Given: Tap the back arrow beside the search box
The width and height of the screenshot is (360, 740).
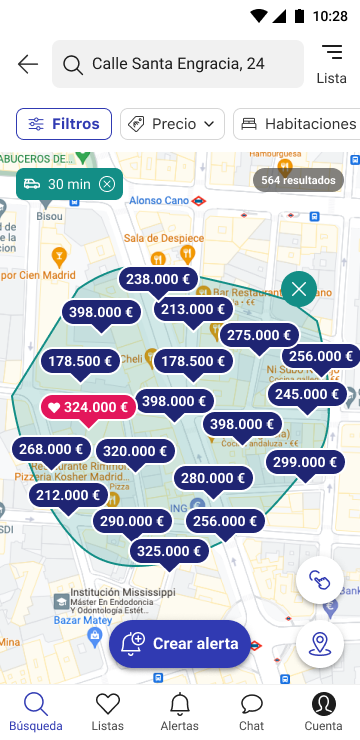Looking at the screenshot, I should pyautogui.click(x=28, y=64).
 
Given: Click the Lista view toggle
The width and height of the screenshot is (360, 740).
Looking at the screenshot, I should pyautogui.click(x=331, y=64).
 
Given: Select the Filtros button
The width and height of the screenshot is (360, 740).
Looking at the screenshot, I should pyautogui.click(x=64, y=124).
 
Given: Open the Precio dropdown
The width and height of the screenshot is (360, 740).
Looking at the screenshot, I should pyautogui.click(x=172, y=124).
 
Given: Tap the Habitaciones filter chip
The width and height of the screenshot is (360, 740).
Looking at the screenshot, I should pyautogui.click(x=297, y=124).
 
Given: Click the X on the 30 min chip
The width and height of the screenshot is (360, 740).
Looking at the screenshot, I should pyautogui.click(x=107, y=184).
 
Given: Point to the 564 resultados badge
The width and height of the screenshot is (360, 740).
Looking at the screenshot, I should pyautogui.click(x=298, y=180).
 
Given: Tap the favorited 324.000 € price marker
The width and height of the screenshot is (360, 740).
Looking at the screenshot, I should pyautogui.click(x=88, y=407).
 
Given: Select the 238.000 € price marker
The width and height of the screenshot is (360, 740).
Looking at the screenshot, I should pyautogui.click(x=158, y=280).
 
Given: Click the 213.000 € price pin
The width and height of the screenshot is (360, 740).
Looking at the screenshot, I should pyautogui.click(x=193, y=310).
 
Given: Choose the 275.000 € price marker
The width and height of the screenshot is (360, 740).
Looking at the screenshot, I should pyautogui.click(x=259, y=336).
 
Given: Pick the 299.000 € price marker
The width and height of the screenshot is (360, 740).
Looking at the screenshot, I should pyautogui.click(x=305, y=462).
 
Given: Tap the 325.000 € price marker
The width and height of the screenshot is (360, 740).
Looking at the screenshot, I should pyautogui.click(x=169, y=551).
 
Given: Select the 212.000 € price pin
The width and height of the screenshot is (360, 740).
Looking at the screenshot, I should pyautogui.click(x=68, y=495).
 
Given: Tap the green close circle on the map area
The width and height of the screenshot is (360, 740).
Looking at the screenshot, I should pyautogui.click(x=299, y=290).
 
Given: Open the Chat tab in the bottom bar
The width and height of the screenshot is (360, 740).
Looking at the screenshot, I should pyautogui.click(x=252, y=710).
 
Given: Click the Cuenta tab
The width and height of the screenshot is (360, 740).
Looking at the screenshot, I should pyautogui.click(x=323, y=710).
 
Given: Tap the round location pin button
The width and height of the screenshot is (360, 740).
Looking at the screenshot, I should pyautogui.click(x=320, y=644).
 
